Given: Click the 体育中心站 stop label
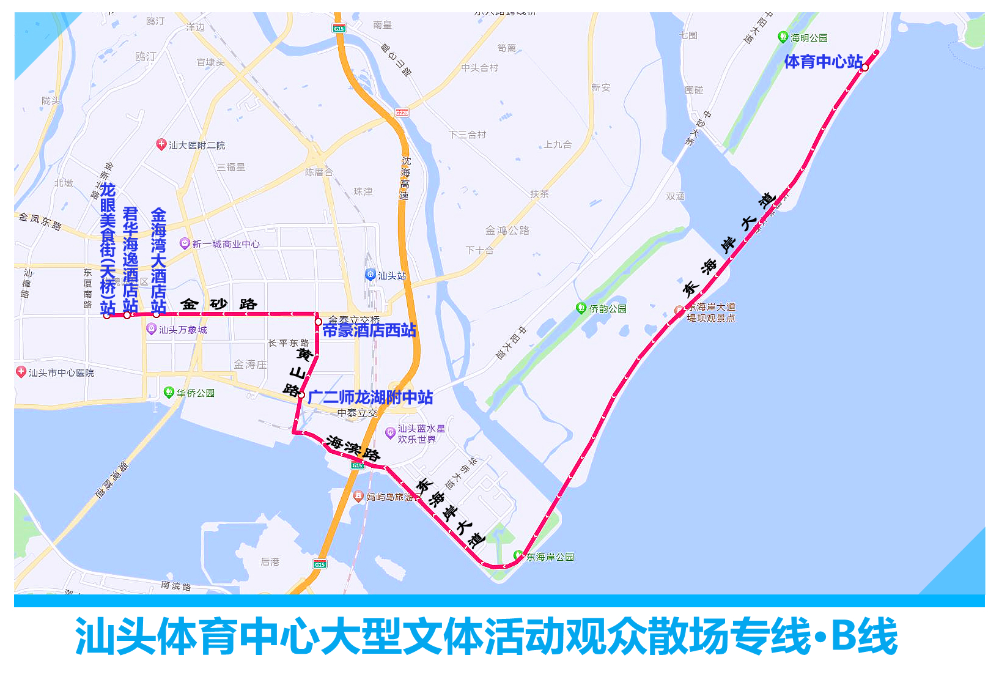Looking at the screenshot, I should click(x=823, y=62).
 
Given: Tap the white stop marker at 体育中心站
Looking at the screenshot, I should click(x=864, y=68).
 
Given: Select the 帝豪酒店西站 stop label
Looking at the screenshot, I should click(x=369, y=331).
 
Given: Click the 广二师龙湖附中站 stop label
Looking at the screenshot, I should click(x=370, y=398).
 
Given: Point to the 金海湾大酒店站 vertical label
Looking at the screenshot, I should click(x=158, y=261).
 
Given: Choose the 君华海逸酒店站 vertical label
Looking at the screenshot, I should click(x=130, y=260).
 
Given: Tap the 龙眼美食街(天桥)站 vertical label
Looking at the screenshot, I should click(x=108, y=248).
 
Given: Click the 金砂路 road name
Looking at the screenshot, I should click(x=218, y=304).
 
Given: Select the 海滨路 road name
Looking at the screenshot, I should click(x=353, y=448).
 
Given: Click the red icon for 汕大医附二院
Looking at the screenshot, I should click(x=161, y=145).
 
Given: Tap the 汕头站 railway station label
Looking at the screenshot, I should click(x=391, y=276).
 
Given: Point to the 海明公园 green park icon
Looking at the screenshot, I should click(x=783, y=37).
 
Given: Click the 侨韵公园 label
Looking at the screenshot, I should click(x=608, y=309).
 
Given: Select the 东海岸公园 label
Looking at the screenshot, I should click(x=550, y=557).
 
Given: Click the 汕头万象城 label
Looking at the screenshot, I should click(x=183, y=330).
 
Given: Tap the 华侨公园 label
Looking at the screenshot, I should click(x=196, y=393).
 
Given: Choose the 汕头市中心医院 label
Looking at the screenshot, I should click(x=61, y=372).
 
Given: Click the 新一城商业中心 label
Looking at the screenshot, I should click(x=226, y=244).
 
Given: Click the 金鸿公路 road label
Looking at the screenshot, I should click(x=507, y=231).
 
